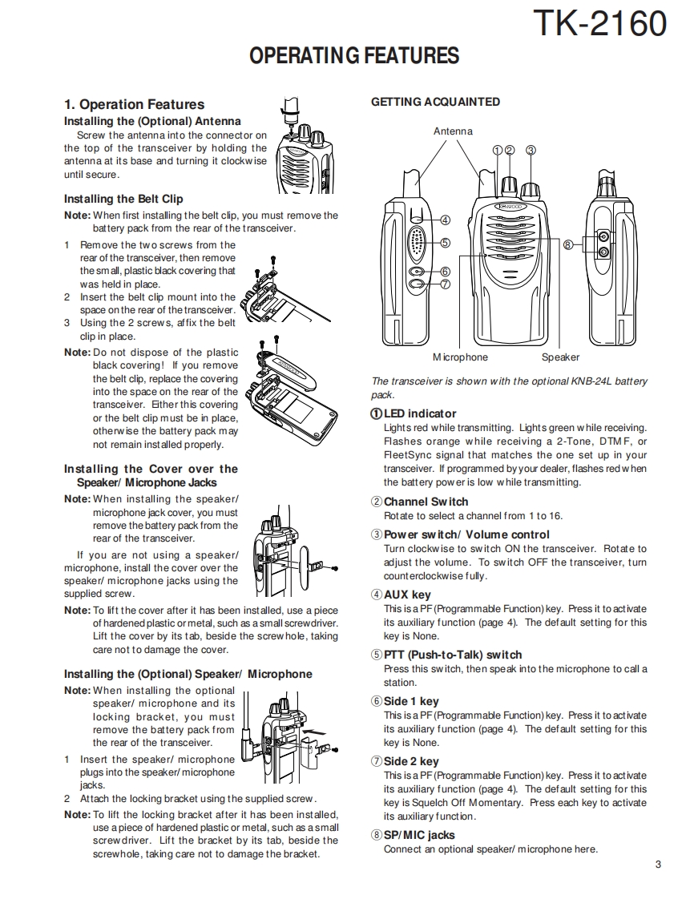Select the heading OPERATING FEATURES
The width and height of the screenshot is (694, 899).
coord(354,55)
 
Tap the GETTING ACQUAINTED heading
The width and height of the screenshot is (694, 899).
coord(435,102)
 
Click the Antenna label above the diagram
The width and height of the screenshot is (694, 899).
coord(453,131)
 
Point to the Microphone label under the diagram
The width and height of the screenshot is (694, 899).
coord(460,357)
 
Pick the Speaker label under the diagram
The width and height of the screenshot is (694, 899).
coord(560,357)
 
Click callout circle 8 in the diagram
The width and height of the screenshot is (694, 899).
coord(567,244)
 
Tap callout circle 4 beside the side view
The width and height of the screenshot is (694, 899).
coord(445,220)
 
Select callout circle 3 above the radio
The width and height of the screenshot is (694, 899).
coord(531,150)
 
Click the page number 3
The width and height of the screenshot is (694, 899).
coord(657,864)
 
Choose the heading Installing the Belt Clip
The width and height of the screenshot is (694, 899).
coord(123,199)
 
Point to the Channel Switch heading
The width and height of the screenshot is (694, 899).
coord(426,502)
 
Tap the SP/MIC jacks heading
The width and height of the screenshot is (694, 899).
coord(418,835)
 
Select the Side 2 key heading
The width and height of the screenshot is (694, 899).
coord(410,761)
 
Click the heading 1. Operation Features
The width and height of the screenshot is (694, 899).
coord(134,104)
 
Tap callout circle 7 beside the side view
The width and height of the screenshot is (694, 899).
coord(445,284)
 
